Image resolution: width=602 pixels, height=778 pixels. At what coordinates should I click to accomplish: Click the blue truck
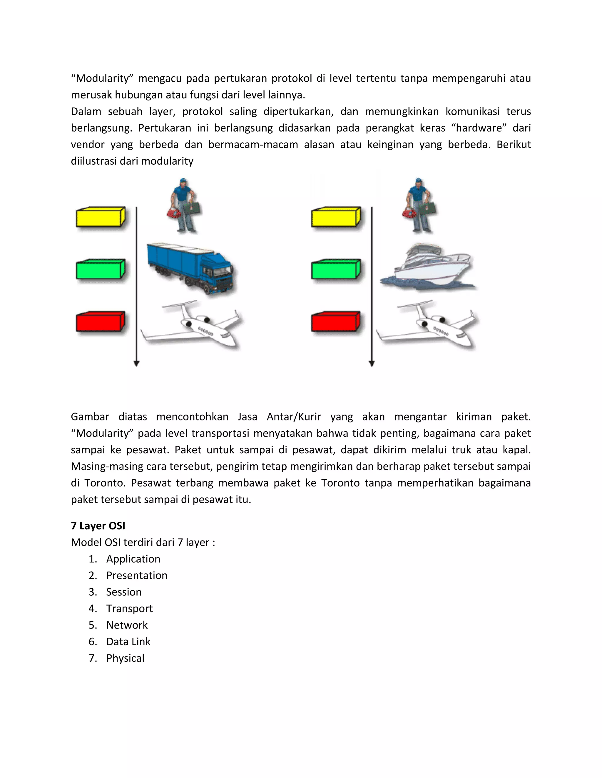point(191,268)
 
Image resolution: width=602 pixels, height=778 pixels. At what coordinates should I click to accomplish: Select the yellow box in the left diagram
point(100,217)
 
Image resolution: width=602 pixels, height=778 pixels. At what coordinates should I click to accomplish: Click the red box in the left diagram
point(100,322)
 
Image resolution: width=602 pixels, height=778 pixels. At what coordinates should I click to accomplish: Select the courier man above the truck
point(184,206)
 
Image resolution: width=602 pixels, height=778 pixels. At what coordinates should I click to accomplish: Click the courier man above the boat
point(419,206)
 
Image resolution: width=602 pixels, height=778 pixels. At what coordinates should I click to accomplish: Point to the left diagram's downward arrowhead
point(136,364)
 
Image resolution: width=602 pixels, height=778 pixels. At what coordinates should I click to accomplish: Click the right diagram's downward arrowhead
point(372,364)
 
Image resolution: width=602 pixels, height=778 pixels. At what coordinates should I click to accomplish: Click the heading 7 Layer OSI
point(98,526)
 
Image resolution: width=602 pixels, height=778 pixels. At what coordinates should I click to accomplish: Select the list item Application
point(133,559)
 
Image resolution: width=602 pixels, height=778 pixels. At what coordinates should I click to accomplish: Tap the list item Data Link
point(128,641)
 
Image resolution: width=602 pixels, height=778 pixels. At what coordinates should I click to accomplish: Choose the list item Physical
point(125,658)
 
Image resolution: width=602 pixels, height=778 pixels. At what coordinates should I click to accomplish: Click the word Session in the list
point(124,592)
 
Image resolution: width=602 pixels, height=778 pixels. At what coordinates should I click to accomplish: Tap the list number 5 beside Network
point(92,625)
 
